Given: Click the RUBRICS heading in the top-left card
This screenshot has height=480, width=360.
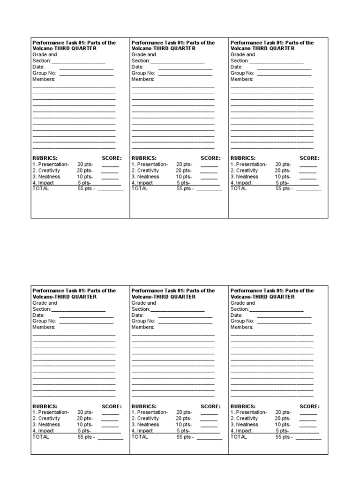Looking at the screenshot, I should click(x=45, y=158).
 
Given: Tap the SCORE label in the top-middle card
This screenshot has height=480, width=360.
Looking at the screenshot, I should click(x=210, y=158).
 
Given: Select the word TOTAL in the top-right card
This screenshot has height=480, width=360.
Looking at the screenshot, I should click(x=239, y=188).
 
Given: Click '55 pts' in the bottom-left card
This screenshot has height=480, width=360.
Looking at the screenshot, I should click(x=85, y=437).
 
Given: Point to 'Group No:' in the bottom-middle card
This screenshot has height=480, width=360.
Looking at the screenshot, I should click(x=143, y=321).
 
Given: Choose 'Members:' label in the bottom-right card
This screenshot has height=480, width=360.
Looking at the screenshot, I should click(x=241, y=327).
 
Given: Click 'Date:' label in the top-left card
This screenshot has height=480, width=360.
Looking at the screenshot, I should click(x=38, y=67).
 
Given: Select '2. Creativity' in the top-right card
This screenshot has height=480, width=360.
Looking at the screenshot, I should click(x=244, y=171).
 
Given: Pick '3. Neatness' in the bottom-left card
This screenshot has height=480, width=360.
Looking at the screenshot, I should click(x=46, y=425).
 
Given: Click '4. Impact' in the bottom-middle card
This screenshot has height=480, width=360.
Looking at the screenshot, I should click(x=142, y=431).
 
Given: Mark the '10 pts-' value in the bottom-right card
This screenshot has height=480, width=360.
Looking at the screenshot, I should click(x=283, y=425).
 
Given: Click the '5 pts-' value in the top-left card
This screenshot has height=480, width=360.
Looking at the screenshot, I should click(x=84, y=183).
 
